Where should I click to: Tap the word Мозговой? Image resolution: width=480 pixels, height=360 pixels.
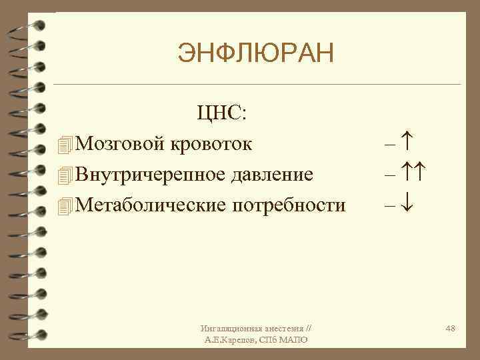coord(121,143)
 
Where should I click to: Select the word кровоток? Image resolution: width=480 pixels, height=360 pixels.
coord(212,143)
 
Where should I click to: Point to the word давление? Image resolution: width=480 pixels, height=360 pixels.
coord(271,175)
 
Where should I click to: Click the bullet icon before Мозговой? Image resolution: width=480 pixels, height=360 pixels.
coord(64,143)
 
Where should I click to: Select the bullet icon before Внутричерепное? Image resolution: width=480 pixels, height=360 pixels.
coord(64,175)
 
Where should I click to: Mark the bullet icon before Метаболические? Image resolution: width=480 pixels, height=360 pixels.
coord(64,206)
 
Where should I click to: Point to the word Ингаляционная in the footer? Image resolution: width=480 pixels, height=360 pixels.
coord(227,329)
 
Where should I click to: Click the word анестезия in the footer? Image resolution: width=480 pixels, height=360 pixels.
coord(281,329)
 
